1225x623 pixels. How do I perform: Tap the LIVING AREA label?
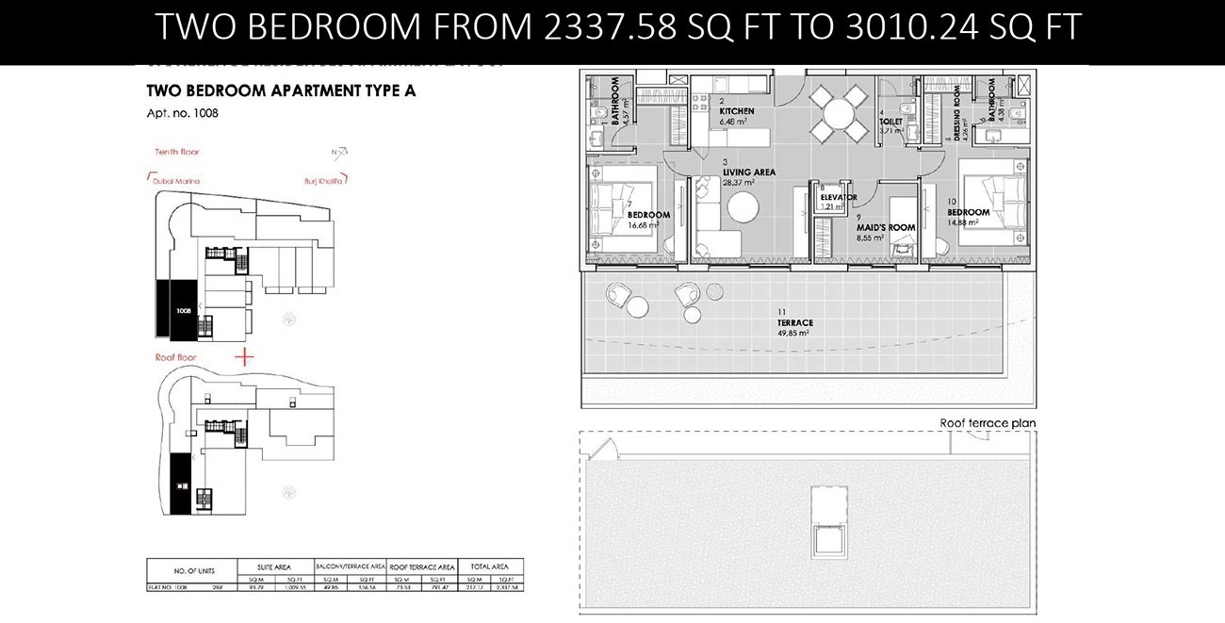(749, 172)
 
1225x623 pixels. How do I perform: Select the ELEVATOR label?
(838, 197)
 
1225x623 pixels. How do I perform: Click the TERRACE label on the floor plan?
(796, 322)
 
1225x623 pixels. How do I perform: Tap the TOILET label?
(890, 122)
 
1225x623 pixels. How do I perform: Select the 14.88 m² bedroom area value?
(969, 223)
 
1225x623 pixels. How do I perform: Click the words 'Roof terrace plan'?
(988, 423)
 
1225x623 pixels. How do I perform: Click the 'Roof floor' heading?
(175, 357)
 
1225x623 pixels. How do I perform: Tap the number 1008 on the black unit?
(183, 309)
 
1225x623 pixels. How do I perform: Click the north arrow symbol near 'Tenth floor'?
(341, 151)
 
